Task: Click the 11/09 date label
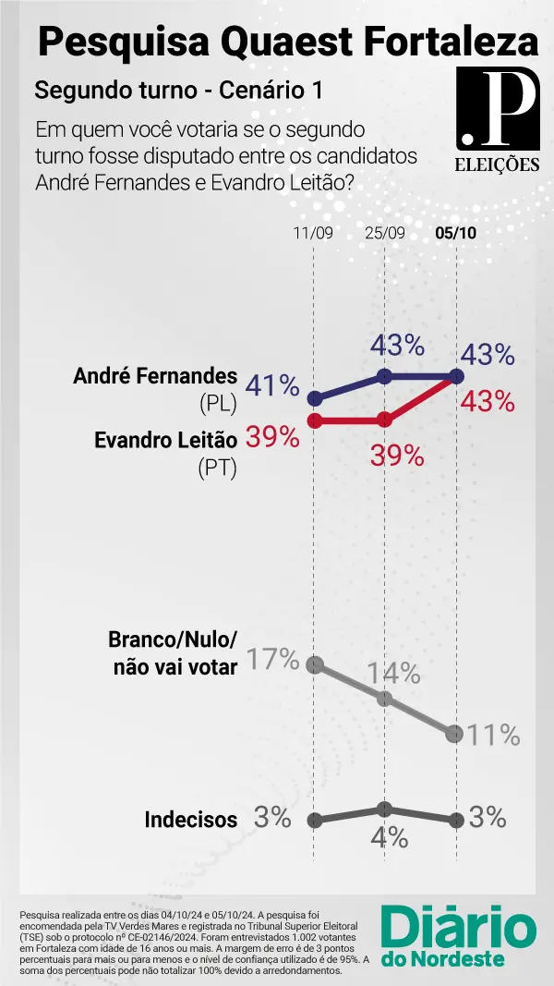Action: pos(313,233)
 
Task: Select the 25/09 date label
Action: pos(386,233)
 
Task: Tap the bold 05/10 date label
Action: pos(455,233)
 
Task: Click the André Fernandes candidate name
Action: pos(155,376)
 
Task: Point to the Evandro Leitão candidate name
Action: pos(166,440)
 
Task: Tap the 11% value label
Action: pos(493,736)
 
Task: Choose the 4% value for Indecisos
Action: pos(389,837)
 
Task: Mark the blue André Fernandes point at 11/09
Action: pos(315,399)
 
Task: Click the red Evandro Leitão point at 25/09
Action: pos(386,420)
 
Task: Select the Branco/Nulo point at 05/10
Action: pos(454,734)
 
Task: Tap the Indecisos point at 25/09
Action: pos(386,809)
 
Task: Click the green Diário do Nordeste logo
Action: pos(458,935)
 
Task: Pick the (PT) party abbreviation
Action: pos(218,469)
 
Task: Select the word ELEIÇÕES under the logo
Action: pos(498,165)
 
